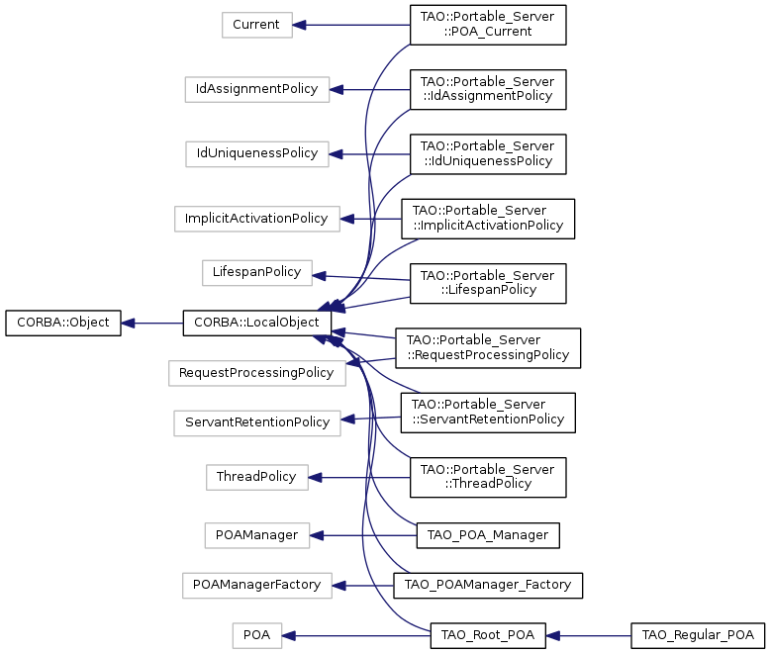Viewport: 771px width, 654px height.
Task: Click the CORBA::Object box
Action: pyautogui.click(x=63, y=324)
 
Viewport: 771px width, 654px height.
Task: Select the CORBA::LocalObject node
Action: pyautogui.click(x=256, y=324)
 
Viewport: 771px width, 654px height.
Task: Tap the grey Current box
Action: pyautogui.click(x=256, y=25)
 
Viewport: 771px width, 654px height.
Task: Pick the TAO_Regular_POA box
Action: pyautogui.click(x=698, y=636)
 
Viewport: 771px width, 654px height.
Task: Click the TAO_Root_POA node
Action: pyautogui.click(x=488, y=636)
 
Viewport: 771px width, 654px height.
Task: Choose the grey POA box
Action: pyautogui.click(x=257, y=636)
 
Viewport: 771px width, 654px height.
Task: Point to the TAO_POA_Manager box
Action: pyautogui.click(x=488, y=535)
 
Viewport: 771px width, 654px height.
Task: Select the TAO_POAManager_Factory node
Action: pyautogui.click(x=488, y=586)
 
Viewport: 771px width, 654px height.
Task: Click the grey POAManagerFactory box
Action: pyautogui.click(x=256, y=586)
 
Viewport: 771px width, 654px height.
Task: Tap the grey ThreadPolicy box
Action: pyautogui.click(x=256, y=477)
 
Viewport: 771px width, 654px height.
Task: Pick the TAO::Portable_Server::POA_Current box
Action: pyautogui.click(x=488, y=25)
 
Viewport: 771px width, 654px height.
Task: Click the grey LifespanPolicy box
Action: pyautogui.click(x=256, y=273)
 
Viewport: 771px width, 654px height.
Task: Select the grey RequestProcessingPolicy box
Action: pyautogui.click(x=256, y=373)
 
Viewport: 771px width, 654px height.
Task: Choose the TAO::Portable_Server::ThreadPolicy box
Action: pyautogui.click(x=488, y=477)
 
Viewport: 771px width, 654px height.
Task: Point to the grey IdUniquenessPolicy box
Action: pyautogui.click(x=256, y=154)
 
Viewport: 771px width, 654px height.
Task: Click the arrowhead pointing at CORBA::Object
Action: pyautogui.click(x=128, y=324)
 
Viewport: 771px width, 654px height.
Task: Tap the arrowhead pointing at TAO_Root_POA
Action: pyautogui.click(x=553, y=636)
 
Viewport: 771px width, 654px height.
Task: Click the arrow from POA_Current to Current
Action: pyautogui.click(x=351, y=25)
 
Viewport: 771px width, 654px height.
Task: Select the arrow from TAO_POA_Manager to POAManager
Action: pyautogui.click(x=363, y=535)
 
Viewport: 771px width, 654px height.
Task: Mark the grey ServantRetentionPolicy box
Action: pyautogui.click(x=256, y=422)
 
